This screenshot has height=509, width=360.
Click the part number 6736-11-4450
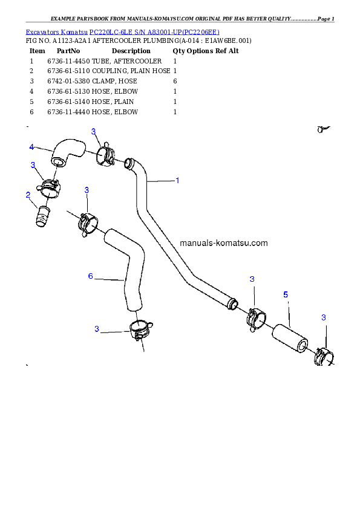pyautogui.click(x=68, y=61)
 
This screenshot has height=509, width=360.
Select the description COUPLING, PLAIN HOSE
pyautogui.click(x=131, y=71)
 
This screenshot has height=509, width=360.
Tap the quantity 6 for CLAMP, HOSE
pyautogui.click(x=175, y=81)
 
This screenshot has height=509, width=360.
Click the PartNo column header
pyautogui.click(x=68, y=51)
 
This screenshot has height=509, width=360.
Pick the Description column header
pyautogui.click(x=131, y=51)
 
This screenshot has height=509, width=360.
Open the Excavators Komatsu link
pyautogui.click(x=56, y=32)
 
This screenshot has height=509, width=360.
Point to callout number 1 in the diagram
pyautogui.click(x=177, y=180)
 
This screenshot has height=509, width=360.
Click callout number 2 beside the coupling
pyautogui.click(x=28, y=195)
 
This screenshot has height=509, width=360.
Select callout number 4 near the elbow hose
pyautogui.click(x=31, y=147)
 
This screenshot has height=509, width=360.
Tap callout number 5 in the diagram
pyautogui.click(x=286, y=294)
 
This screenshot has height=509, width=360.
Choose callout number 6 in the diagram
pyautogui.click(x=91, y=276)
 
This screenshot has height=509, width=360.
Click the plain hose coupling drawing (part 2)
pyautogui.click(x=42, y=216)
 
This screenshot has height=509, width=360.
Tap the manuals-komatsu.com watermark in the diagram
pyautogui.click(x=223, y=243)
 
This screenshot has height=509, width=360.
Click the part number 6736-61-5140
pyautogui.click(x=68, y=102)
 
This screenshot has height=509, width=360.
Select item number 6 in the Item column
pyautogui.click(x=31, y=112)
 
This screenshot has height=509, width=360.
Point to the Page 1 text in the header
pyautogui.click(x=326, y=19)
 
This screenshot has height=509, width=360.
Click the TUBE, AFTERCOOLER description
pyautogui.click(x=126, y=61)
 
